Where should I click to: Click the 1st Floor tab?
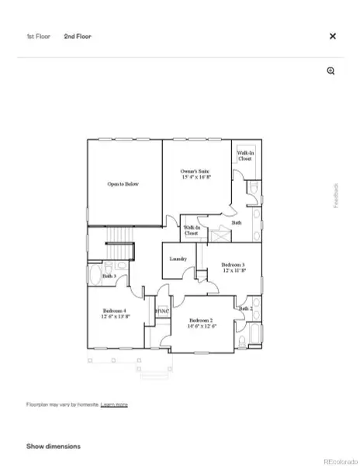coord(39,36)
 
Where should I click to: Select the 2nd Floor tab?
coord(78,36)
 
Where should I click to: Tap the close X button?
coord(333,36)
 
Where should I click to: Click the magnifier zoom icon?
coord(331,71)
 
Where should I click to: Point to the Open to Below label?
coord(123,184)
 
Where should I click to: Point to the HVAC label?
coord(161,311)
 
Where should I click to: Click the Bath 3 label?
coord(109,276)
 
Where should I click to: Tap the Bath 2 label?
coord(245,309)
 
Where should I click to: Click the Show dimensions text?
coord(54,447)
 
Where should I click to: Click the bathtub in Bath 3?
coord(93,275)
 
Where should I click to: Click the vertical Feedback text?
coord(337,195)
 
